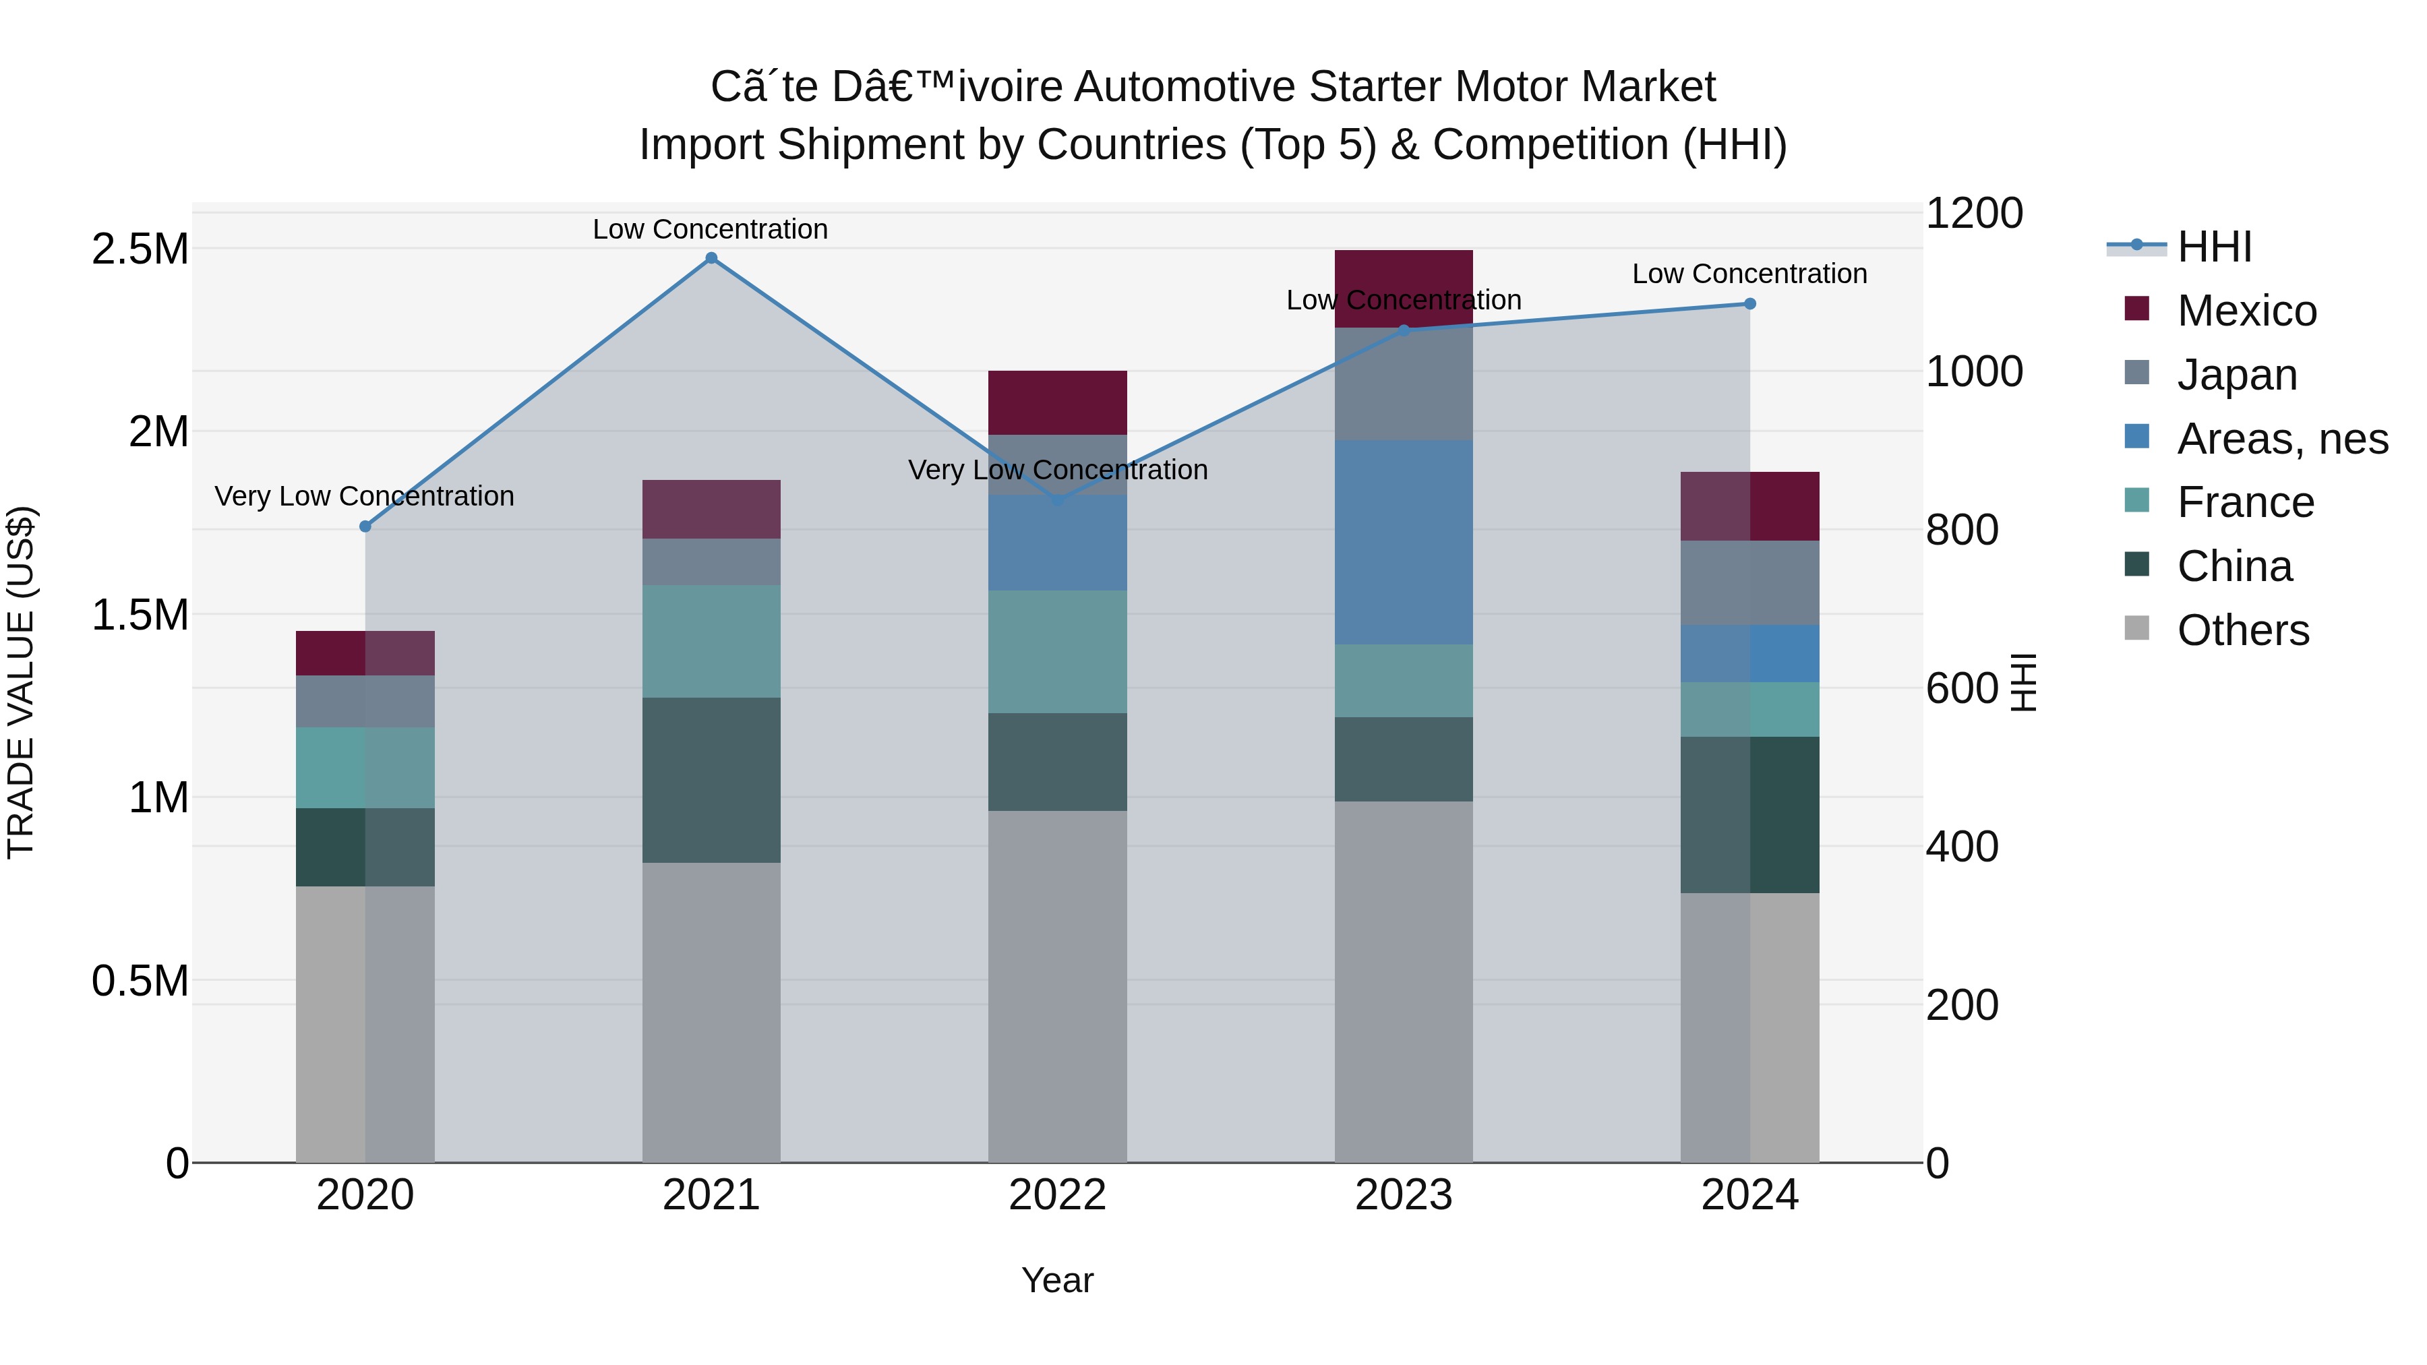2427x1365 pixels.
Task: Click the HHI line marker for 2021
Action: click(711, 258)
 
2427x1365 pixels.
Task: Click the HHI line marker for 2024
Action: click(1749, 303)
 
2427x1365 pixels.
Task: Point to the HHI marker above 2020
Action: click(365, 526)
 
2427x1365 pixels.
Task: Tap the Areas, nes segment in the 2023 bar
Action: click(1403, 542)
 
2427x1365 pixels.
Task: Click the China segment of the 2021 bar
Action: click(711, 780)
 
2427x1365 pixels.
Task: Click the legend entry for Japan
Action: click(2237, 375)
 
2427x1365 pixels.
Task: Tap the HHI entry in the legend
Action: click(2214, 247)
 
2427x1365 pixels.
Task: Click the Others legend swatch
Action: click(2137, 628)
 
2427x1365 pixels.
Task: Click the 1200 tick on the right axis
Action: click(1973, 213)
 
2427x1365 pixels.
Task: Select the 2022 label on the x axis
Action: click(1057, 1195)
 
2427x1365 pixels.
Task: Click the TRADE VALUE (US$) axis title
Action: click(21, 682)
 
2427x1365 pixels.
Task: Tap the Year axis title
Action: click(1057, 1280)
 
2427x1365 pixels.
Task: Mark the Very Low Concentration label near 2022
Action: click(1057, 469)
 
